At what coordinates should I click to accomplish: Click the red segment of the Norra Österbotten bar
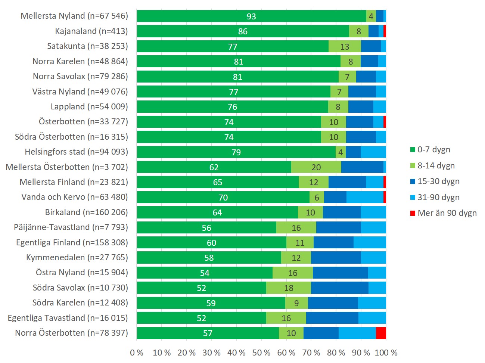[x=381, y=333]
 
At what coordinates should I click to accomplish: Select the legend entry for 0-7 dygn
[x=433, y=150]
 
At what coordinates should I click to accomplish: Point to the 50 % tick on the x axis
[x=261, y=353]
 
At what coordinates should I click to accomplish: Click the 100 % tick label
[x=386, y=353]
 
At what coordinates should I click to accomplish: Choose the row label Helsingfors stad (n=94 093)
[x=77, y=152]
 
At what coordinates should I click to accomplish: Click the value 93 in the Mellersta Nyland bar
[x=251, y=16]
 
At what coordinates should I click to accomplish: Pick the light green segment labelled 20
[x=316, y=167]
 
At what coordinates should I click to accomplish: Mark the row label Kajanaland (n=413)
[x=91, y=31]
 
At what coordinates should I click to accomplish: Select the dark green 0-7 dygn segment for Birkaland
[x=217, y=212]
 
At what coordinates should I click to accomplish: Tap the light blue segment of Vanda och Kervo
[x=365, y=198]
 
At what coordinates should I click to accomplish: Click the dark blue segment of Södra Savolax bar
[x=339, y=288]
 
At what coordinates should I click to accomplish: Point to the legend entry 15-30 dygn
[x=438, y=181]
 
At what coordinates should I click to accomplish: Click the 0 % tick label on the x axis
[x=137, y=353]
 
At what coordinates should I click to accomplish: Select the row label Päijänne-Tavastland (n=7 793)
[x=71, y=227]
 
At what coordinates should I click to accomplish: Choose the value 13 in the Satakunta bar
[x=345, y=47]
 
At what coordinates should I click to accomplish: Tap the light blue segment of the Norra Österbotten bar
[x=357, y=333]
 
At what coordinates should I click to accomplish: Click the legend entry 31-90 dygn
[x=438, y=198]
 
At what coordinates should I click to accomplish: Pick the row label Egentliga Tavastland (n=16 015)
[x=68, y=318]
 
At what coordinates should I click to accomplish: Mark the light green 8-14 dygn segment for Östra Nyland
[x=293, y=273]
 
